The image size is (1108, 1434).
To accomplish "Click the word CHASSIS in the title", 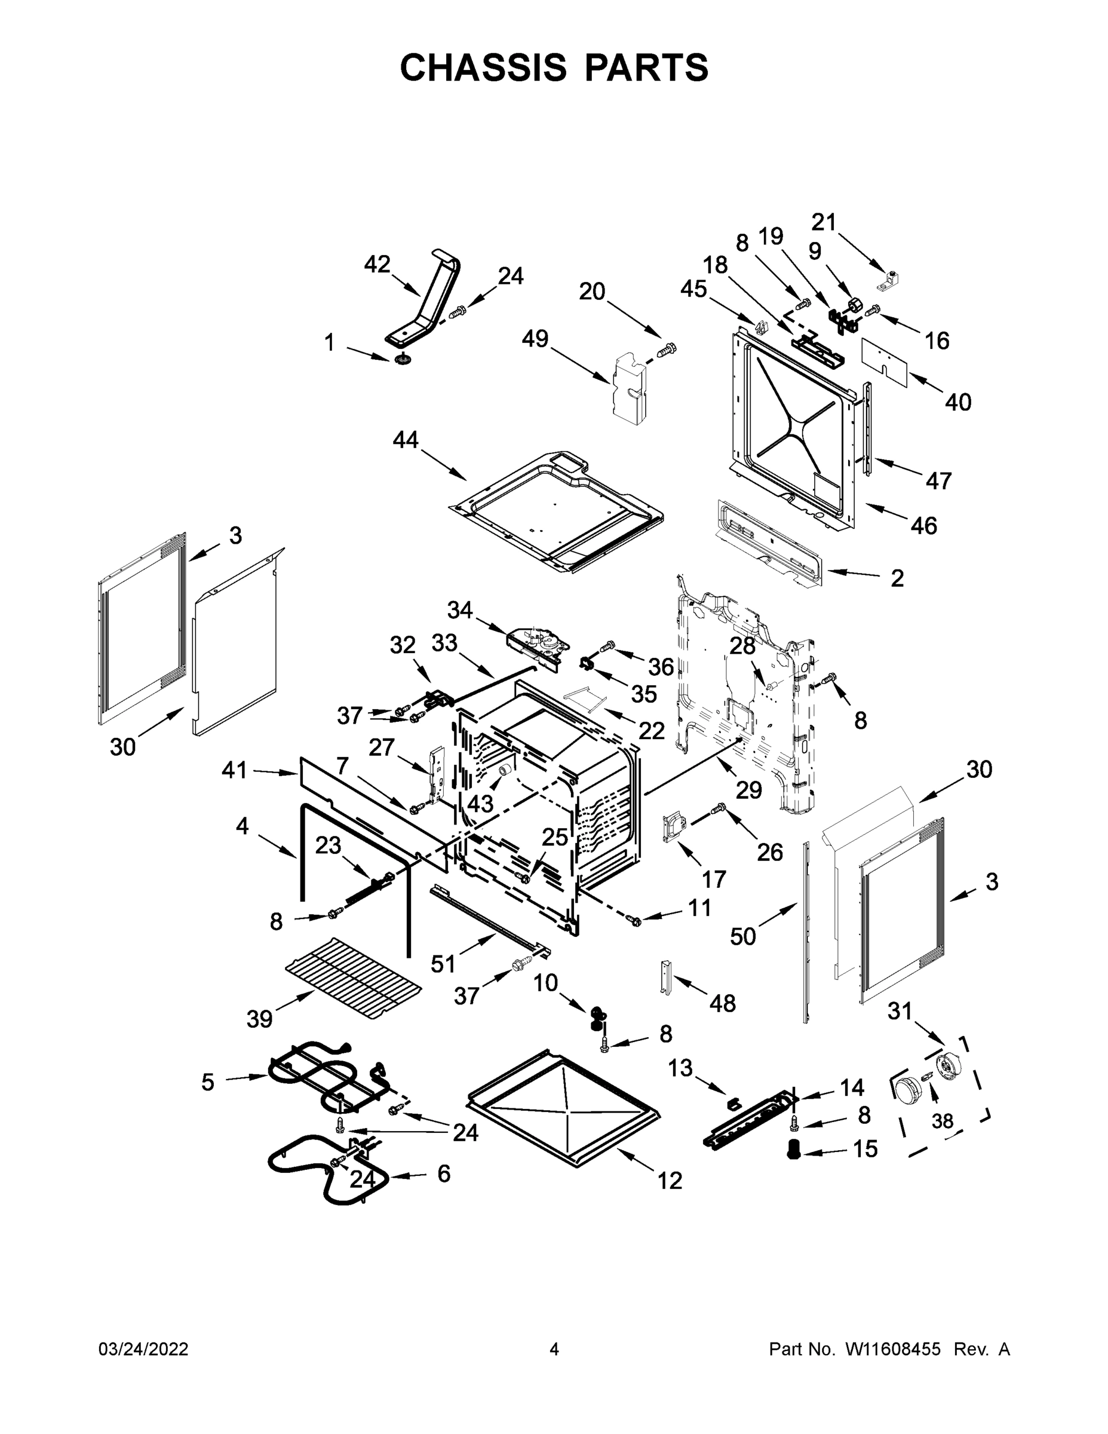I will click(483, 68).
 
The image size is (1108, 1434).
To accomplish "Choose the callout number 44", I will click(405, 439).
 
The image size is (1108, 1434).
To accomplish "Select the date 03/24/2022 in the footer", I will click(143, 1349).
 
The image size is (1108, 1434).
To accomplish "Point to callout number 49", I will click(535, 339).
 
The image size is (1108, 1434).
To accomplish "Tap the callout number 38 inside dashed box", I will click(942, 1121).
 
